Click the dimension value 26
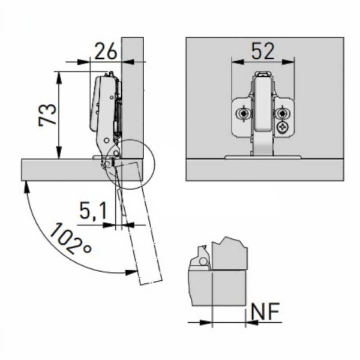(106, 51)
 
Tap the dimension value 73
(47, 115)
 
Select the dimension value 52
(263, 51)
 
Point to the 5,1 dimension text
(93, 211)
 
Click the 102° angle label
(71, 239)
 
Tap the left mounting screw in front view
(242, 113)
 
